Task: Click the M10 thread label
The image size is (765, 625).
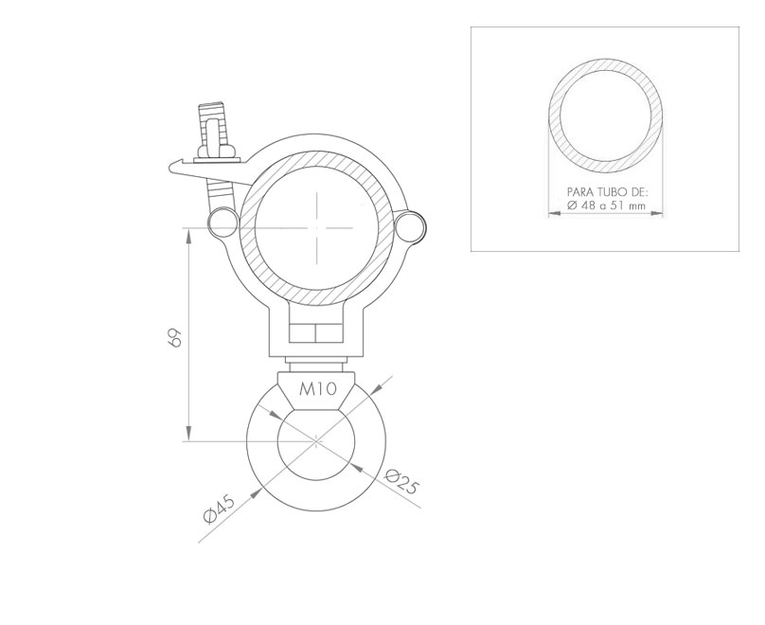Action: click(317, 389)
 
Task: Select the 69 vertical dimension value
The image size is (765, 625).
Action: click(174, 337)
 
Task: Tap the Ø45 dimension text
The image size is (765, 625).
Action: click(220, 509)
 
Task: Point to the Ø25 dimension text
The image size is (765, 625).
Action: click(402, 481)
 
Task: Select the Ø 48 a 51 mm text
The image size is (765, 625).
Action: click(607, 205)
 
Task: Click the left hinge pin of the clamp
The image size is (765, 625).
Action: click(222, 222)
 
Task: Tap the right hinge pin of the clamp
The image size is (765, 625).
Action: click(411, 225)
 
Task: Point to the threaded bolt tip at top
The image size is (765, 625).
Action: click(211, 105)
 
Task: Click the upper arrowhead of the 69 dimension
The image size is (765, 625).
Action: click(188, 235)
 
